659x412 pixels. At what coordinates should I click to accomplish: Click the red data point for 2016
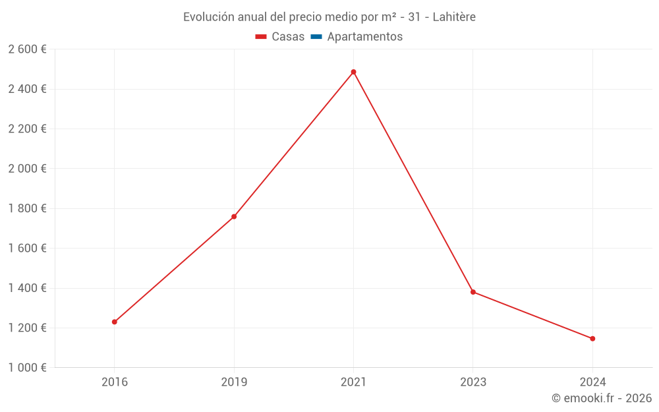(x=115, y=322)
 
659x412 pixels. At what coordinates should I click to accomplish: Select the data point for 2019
(x=234, y=216)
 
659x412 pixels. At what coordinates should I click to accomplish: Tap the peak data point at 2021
(x=353, y=72)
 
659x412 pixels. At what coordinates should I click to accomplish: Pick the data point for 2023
(x=473, y=292)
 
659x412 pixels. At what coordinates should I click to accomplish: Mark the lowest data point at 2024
(x=592, y=339)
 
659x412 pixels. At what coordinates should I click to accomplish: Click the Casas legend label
(x=288, y=37)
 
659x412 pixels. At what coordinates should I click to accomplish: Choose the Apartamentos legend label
(x=364, y=37)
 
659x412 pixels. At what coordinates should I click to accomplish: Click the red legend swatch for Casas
(x=261, y=37)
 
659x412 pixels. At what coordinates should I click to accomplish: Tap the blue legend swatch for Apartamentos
(x=316, y=37)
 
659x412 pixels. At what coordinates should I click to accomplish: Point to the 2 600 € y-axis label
(x=27, y=49)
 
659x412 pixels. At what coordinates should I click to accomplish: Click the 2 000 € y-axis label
(x=27, y=169)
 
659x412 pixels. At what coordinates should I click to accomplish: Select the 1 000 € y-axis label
(x=27, y=368)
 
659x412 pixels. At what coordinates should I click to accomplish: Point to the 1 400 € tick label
(x=27, y=288)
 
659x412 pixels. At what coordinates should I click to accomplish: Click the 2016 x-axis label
(x=115, y=382)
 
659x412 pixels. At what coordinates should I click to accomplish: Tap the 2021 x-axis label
(x=353, y=382)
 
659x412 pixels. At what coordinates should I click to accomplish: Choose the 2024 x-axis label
(x=592, y=382)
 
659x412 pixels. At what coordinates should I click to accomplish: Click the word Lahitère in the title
(x=454, y=17)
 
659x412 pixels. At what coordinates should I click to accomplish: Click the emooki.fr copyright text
(x=602, y=398)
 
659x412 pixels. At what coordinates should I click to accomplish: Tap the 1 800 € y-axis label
(x=27, y=208)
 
